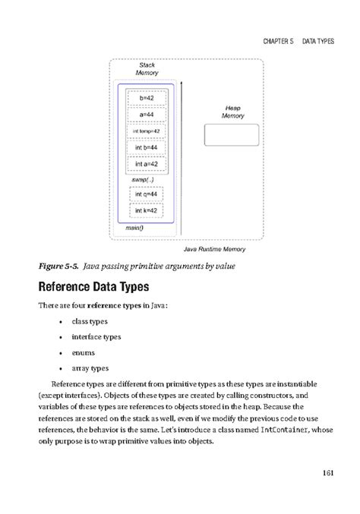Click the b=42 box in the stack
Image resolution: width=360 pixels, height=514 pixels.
(147, 99)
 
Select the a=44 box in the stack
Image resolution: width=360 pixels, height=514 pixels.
(147, 115)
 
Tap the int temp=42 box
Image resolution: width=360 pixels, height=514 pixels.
(147, 131)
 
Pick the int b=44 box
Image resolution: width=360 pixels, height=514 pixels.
(147, 147)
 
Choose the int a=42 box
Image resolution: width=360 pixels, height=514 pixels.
(147, 162)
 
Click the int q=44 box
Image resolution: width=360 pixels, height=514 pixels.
(147, 194)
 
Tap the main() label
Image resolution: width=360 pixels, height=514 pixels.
(134, 225)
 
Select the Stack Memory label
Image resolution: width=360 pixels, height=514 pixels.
(147, 69)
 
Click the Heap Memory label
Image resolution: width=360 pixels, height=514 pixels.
(232, 112)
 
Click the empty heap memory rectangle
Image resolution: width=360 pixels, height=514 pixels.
(232, 134)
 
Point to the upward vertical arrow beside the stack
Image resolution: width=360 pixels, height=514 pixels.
(182, 152)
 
